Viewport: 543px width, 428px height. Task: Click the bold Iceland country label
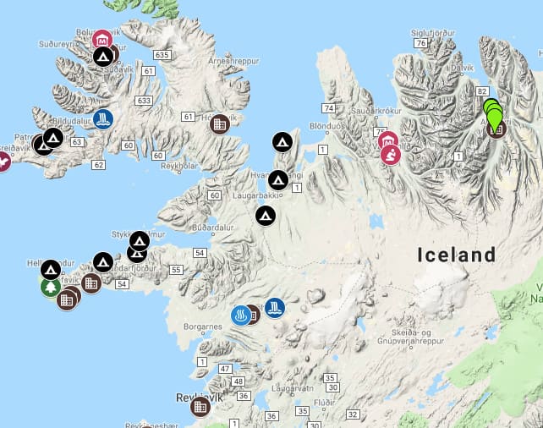point(456,255)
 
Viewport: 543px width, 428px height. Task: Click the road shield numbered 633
point(145,101)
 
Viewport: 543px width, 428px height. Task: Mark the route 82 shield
point(481,91)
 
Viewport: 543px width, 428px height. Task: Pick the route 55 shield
point(176,269)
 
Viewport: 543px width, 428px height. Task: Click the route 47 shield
point(224,369)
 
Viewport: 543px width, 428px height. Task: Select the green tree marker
point(50,288)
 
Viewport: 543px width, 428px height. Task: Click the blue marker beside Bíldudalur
point(103,119)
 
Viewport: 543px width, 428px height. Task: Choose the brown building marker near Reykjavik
point(200,407)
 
